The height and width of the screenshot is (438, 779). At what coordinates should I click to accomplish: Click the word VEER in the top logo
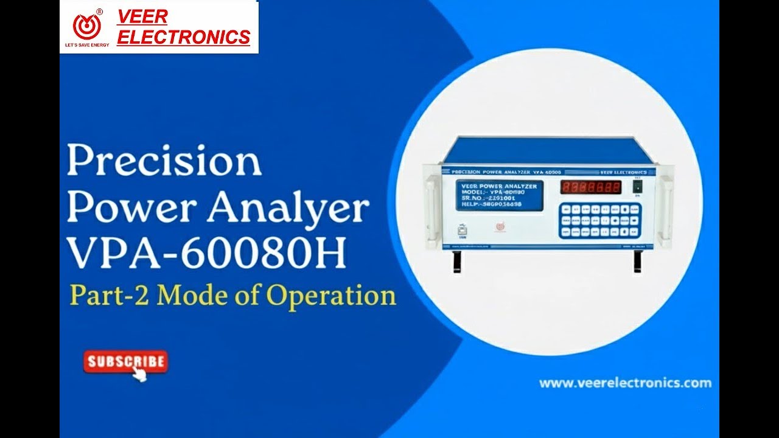(142, 17)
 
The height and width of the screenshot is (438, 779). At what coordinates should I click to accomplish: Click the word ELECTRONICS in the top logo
(183, 37)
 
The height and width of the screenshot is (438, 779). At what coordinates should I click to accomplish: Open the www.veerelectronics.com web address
(625, 383)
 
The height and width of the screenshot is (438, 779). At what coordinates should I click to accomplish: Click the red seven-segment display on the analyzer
(591, 187)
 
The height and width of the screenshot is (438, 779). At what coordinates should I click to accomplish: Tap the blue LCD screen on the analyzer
(499, 195)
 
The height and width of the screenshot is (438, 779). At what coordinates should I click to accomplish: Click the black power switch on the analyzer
(637, 187)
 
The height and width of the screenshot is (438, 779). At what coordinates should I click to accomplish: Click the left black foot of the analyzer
(455, 261)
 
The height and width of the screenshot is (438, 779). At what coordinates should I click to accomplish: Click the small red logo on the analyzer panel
(499, 227)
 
